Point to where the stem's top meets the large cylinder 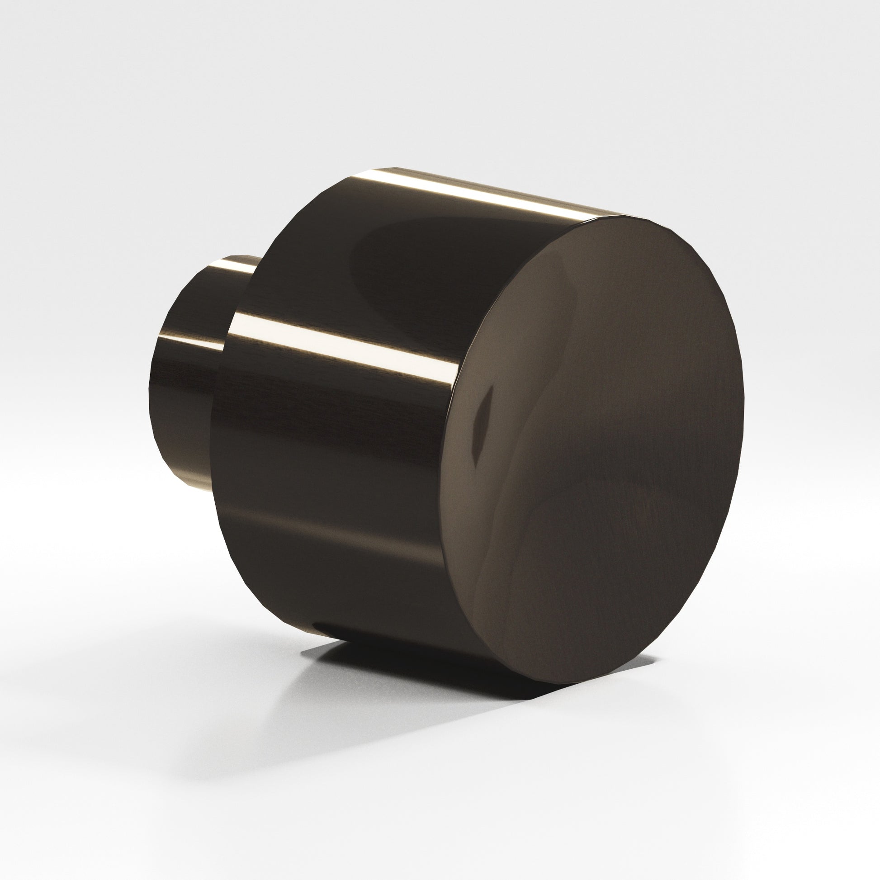click(255, 269)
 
